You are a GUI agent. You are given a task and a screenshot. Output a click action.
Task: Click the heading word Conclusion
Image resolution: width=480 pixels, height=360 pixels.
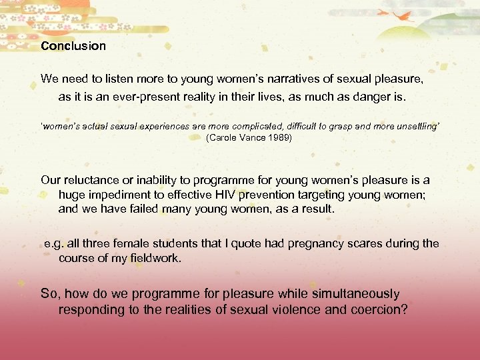73,46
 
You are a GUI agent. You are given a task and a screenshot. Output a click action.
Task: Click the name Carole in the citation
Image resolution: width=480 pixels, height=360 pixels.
225,138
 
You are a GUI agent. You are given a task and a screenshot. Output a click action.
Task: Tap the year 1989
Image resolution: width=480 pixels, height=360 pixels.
276,138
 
